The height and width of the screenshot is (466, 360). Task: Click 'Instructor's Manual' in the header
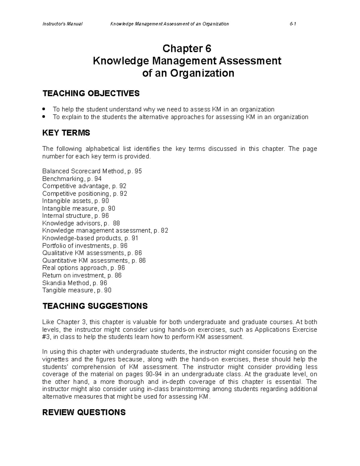pyautogui.click(x=62, y=24)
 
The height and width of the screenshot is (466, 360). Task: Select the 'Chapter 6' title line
pyautogui.click(x=187, y=48)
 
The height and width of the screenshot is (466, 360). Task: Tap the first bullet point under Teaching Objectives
pyautogui.click(x=44, y=109)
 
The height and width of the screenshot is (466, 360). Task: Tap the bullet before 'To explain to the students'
pyautogui.click(x=44, y=117)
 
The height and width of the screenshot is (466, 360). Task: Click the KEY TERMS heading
pyautogui.click(x=66, y=133)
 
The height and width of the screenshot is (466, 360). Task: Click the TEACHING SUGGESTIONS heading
pyautogui.click(x=95, y=306)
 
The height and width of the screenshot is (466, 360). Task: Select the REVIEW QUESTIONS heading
pyautogui.click(x=84, y=412)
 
